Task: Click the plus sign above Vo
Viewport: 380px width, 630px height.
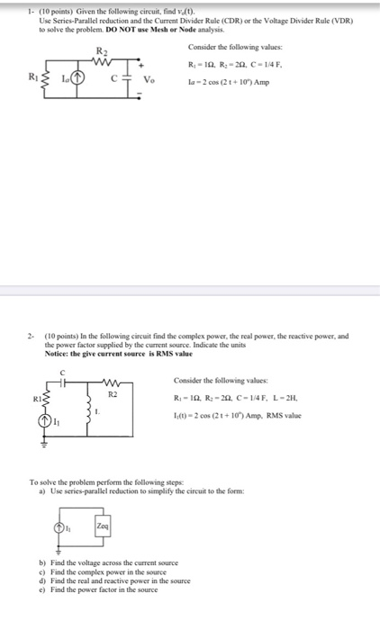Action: coord(140,63)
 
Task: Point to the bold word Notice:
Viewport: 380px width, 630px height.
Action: coord(59,351)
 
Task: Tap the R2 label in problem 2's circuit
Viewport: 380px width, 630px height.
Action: coord(113,394)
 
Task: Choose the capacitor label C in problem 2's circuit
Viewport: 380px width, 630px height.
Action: coord(62,372)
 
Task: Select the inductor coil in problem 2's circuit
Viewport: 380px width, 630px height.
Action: coord(88,412)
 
